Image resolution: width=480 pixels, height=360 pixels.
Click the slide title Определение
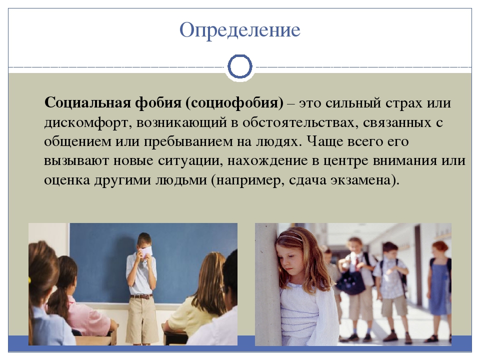[239, 30]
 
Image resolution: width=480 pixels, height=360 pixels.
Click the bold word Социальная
[87, 102]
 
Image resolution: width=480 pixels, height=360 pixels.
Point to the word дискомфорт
[88, 123]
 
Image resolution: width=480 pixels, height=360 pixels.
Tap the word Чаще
[325, 141]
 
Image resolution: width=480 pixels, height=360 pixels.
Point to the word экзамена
[360, 180]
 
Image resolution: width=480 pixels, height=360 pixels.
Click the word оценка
[67, 180]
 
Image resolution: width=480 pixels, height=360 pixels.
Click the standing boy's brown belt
[141, 296]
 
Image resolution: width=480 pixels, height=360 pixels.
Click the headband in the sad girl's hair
[289, 236]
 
